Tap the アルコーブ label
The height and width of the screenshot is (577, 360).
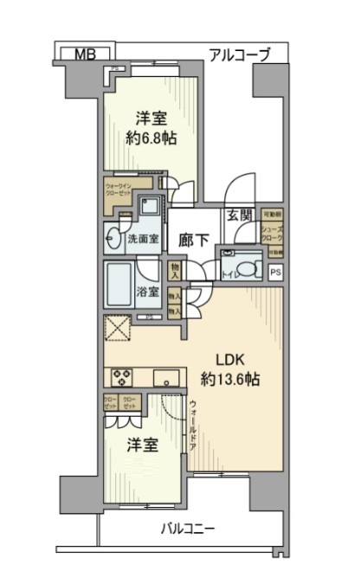click(x=240, y=55)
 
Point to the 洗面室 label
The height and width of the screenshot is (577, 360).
click(x=144, y=239)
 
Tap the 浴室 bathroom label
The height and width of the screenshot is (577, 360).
click(x=148, y=292)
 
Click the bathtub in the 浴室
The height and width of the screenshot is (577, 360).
click(x=120, y=282)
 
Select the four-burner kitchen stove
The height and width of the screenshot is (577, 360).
click(x=120, y=377)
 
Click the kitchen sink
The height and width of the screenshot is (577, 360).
click(x=166, y=378)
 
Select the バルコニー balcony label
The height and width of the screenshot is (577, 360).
click(x=187, y=528)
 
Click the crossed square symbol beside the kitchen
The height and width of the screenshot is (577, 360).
click(x=117, y=331)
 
